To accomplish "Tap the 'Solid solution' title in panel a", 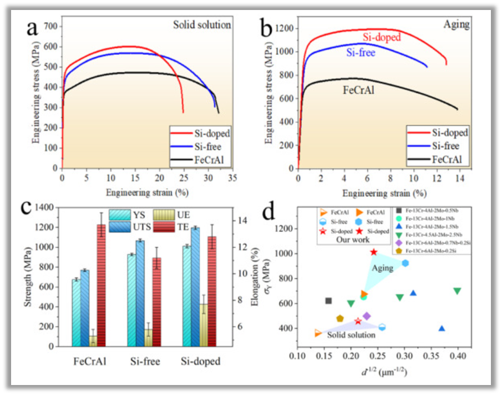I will [x=202, y=26].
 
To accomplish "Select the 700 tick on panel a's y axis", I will [x=51, y=27].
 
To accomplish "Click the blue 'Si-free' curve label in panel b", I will [x=361, y=53].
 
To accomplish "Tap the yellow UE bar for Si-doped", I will [x=203, y=325].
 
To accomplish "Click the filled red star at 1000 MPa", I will [x=374, y=252].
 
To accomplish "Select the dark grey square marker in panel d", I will [x=328, y=301].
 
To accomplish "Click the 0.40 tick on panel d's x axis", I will [x=458, y=356].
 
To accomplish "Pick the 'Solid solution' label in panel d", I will [x=351, y=335].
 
